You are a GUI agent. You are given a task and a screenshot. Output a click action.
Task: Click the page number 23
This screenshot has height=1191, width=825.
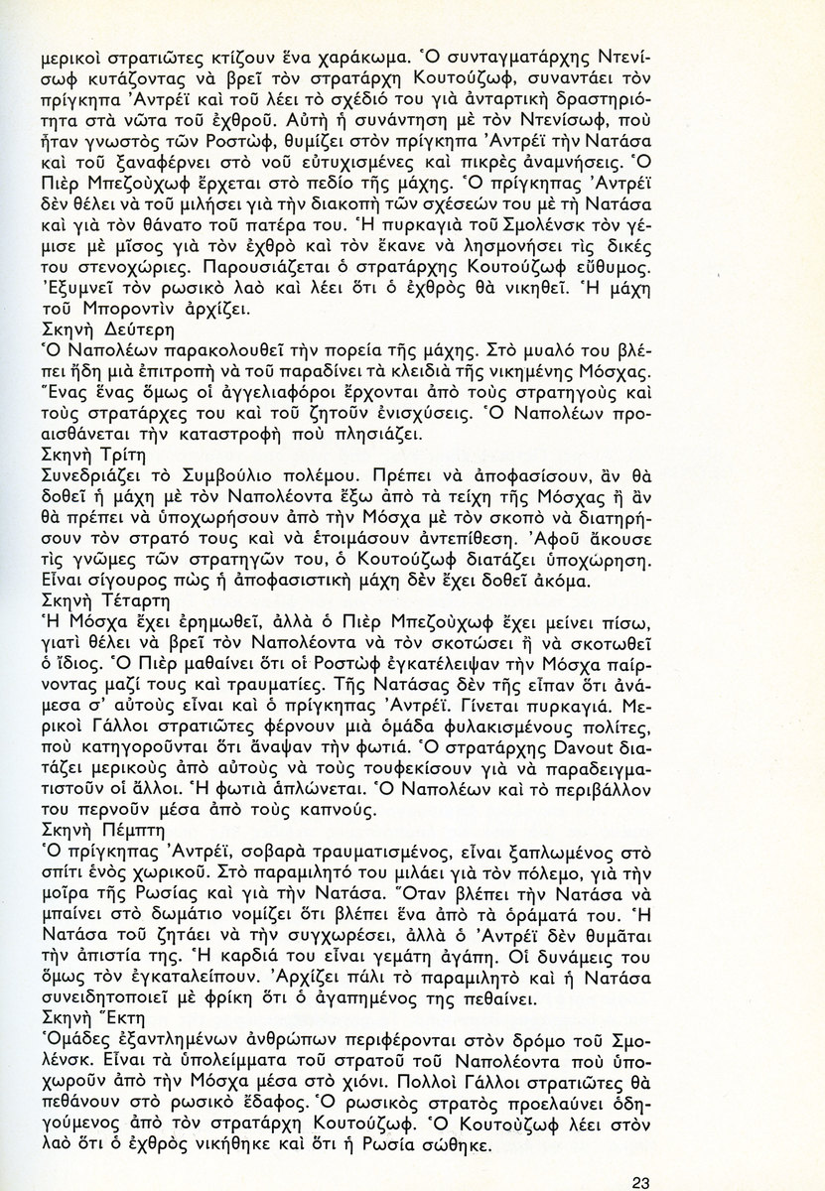tap(639, 1154)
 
